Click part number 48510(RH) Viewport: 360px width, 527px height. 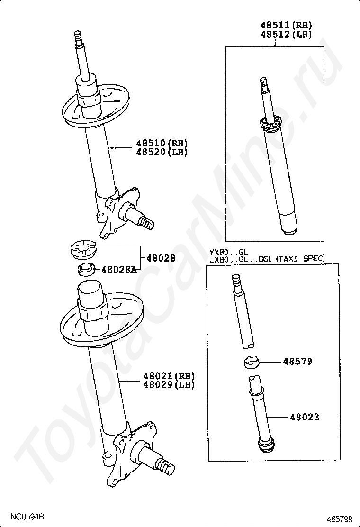[x=162, y=143]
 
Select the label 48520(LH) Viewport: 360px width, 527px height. [x=162, y=152]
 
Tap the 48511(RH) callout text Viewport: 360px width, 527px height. [x=287, y=25]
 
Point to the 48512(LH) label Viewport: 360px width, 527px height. [x=287, y=34]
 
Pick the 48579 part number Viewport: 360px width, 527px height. [x=297, y=362]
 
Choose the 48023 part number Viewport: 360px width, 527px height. [x=305, y=417]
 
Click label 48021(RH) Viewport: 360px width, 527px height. [x=169, y=376]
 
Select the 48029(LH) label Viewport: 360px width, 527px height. [x=169, y=385]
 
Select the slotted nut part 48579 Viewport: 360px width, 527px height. [x=251, y=362]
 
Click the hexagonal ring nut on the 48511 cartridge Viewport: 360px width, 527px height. [x=270, y=124]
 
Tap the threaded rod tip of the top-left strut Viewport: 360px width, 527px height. [x=78, y=35]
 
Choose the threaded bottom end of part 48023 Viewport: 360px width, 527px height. [x=266, y=447]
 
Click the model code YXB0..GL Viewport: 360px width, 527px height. [x=229, y=251]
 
